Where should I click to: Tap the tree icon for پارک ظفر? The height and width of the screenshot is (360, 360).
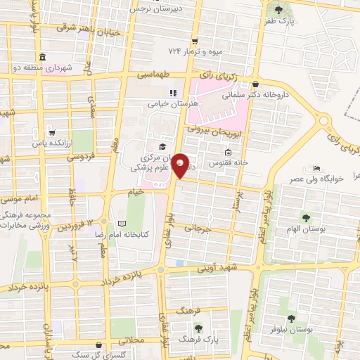[x=279, y=10]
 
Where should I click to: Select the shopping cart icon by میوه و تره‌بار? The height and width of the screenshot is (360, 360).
[x=195, y=41]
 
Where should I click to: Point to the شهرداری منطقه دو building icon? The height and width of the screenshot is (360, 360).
[x=42, y=57]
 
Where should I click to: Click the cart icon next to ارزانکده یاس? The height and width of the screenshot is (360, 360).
[x=51, y=131]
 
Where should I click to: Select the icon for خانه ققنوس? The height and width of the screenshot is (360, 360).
[x=227, y=153]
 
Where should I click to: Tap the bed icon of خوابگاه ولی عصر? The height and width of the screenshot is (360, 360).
[x=316, y=168]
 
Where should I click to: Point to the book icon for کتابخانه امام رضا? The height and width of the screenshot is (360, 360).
[x=123, y=223]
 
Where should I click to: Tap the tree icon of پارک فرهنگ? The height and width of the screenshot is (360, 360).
[x=198, y=328]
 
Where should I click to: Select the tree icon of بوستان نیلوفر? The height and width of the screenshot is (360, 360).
[x=291, y=319]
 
